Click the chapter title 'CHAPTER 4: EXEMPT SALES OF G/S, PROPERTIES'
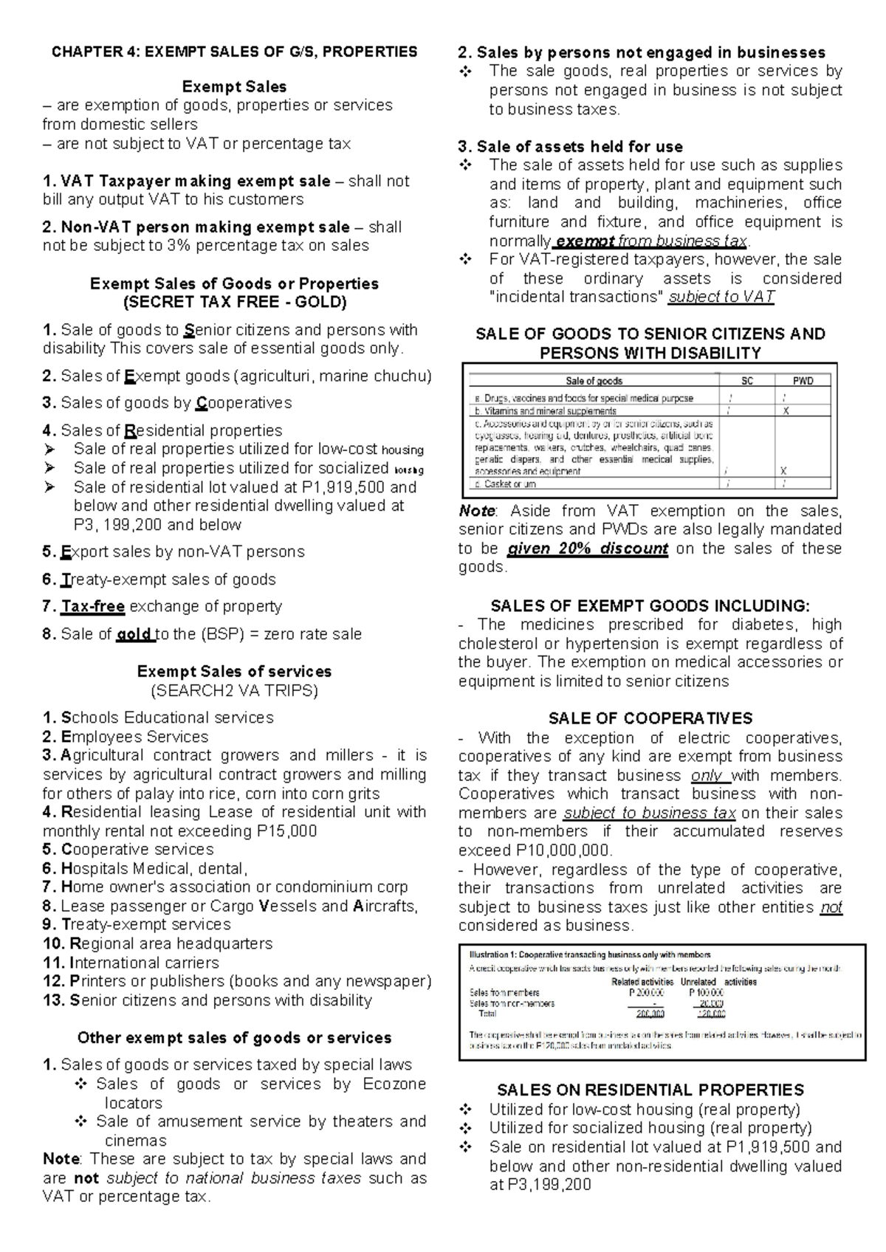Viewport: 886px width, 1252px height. click(x=234, y=52)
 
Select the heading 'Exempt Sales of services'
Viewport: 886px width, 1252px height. click(x=234, y=672)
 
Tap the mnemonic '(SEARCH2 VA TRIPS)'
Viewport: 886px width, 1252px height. click(x=234, y=691)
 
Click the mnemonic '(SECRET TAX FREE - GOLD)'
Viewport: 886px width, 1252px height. click(x=234, y=303)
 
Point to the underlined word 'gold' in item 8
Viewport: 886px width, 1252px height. click(x=135, y=634)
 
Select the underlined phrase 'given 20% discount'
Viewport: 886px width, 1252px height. click(x=588, y=549)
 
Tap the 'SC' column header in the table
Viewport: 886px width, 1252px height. click(x=747, y=381)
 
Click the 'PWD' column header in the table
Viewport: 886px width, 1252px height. click(x=803, y=381)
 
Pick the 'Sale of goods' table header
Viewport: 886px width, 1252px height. click(x=594, y=381)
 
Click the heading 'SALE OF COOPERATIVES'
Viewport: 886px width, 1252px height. click(x=650, y=719)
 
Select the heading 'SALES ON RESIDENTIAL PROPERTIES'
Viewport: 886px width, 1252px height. click(x=650, y=1090)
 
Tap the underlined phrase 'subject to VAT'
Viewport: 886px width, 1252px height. click(x=721, y=297)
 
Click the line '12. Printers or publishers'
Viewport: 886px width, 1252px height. click(x=236, y=981)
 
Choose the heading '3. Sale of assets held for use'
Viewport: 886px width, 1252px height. click(x=570, y=147)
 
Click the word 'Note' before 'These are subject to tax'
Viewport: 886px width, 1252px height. click(x=63, y=1159)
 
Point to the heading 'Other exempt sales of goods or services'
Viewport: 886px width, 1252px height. click(x=234, y=1038)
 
